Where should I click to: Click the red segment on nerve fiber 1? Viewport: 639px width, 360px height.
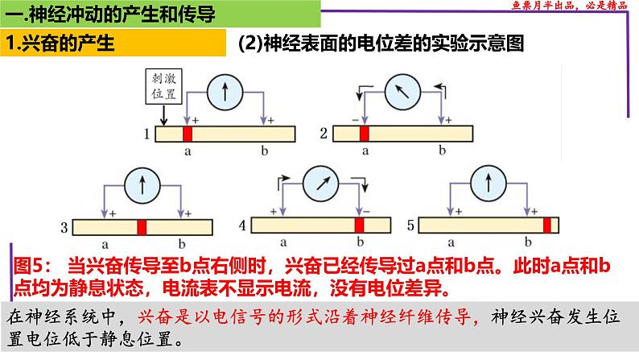point(188,134)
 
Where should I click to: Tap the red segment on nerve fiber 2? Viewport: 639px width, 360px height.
point(364,134)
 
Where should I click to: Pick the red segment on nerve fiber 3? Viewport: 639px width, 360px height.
point(142,228)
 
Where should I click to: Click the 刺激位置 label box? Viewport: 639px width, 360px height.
point(159,87)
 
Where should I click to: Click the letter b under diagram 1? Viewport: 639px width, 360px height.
point(265,151)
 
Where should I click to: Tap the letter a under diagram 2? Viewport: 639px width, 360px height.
point(364,151)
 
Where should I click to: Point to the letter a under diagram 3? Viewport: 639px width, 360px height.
point(106,244)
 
